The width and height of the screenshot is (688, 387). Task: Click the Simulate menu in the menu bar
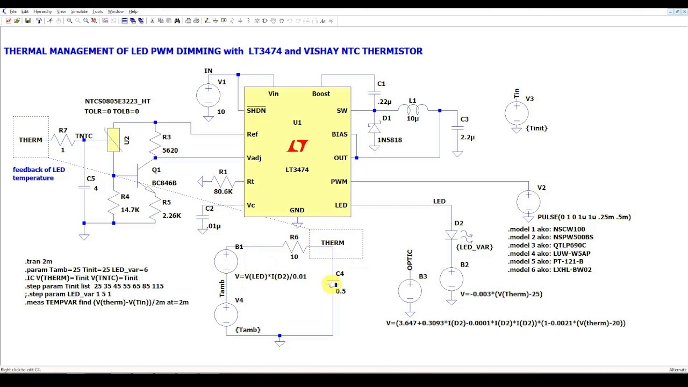(79, 11)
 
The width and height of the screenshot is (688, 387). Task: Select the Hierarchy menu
(42, 11)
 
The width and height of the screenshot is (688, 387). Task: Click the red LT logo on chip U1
(297, 146)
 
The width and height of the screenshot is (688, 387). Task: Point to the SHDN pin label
(256, 110)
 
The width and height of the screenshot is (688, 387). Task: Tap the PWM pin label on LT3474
(339, 182)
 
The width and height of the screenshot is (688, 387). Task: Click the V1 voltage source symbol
(208, 96)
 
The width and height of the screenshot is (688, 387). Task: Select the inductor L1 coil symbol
(413, 110)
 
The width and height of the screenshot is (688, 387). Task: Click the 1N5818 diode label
(389, 140)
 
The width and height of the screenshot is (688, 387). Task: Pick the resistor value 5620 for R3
(170, 150)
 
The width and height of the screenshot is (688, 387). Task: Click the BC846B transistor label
(164, 183)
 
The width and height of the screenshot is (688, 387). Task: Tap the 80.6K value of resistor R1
(223, 191)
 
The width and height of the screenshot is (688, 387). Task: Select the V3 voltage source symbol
(517, 113)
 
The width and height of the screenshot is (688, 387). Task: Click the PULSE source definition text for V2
(584, 217)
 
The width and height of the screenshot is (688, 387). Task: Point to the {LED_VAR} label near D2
(474, 247)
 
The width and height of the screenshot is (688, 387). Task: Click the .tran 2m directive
(39, 261)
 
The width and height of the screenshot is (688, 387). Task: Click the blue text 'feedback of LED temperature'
(39, 174)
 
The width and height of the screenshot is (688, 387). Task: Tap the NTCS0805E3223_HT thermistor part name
(117, 101)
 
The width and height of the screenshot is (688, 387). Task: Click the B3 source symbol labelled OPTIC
(410, 291)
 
